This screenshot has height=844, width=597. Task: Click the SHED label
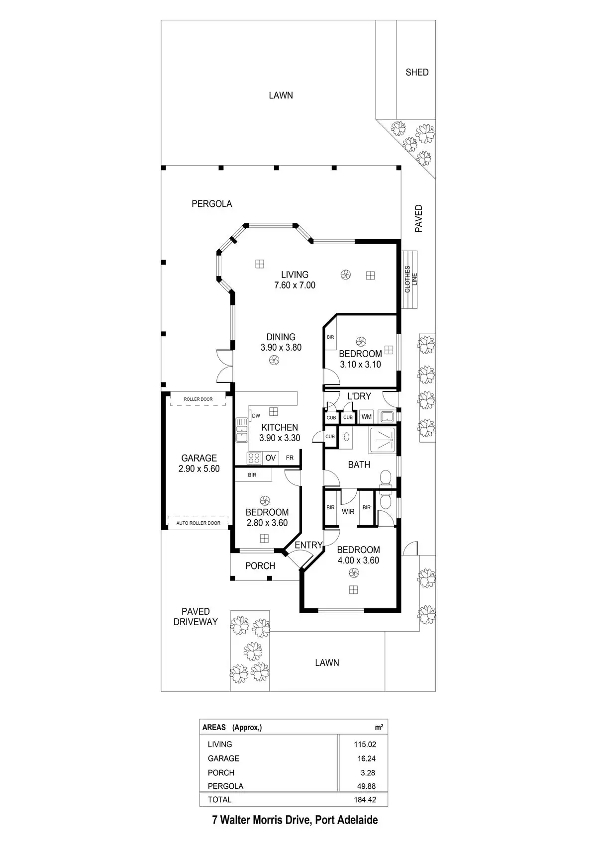[x=417, y=72]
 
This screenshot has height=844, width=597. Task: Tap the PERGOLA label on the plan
[x=212, y=203]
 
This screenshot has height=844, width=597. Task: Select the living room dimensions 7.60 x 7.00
[x=295, y=285]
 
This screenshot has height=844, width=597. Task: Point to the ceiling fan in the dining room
[x=272, y=361]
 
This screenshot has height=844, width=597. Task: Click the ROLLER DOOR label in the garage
[x=198, y=399]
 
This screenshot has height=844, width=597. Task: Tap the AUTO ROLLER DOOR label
[x=198, y=523]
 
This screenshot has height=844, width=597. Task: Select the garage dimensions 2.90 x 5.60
[x=199, y=469]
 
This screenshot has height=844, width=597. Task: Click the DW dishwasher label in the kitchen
[x=256, y=416]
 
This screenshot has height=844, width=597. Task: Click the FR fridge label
[x=290, y=458]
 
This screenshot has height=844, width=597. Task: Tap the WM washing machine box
[x=367, y=417]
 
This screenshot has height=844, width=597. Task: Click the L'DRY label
[x=359, y=396]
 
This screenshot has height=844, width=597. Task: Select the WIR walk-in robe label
[x=348, y=511]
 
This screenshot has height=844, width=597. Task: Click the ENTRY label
[x=308, y=545]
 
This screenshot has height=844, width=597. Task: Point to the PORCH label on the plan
[x=260, y=565]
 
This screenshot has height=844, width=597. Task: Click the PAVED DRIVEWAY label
[x=196, y=616]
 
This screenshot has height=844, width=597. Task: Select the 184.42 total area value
[x=365, y=800]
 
